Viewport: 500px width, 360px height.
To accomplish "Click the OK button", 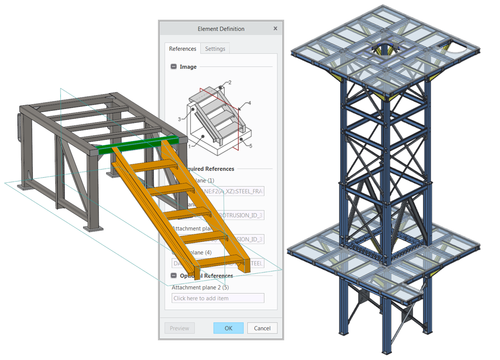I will tap(228, 328).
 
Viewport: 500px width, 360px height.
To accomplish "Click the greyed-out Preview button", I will tap(180, 328).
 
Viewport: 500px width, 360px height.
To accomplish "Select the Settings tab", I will tap(215, 48).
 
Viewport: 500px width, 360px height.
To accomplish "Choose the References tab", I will tap(182, 48).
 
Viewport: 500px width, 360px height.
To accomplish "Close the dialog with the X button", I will tap(275, 28).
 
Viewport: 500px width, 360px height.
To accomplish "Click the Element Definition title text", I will tap(221, 29).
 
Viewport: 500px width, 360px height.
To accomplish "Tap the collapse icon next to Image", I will tap(174, 67).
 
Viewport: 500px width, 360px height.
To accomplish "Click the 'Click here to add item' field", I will tap(218, 298).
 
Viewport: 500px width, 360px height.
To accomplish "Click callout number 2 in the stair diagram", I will tap(230, 83).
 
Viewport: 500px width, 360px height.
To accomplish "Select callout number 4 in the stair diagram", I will tap(250, 103).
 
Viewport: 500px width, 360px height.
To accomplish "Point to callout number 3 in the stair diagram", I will tap(179, 119).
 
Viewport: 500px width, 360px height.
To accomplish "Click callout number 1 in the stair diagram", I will tap(189, 146).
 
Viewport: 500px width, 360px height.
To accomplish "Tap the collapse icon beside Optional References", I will tap(174, 276).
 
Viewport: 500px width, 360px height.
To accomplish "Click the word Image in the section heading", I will tap(188, 67).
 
